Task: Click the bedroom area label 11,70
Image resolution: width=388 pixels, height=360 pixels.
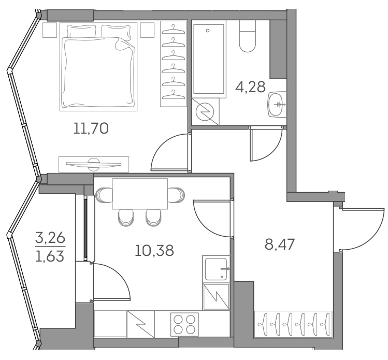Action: click(x=91, y=128)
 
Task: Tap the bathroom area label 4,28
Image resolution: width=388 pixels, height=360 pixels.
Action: click(x=250, y=87)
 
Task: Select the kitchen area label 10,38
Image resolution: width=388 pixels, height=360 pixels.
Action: click(x=154, y=251)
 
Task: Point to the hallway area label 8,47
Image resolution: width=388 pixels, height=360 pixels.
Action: click(x=279, y=244)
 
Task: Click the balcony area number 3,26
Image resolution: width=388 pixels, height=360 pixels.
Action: click(x=50, y=239)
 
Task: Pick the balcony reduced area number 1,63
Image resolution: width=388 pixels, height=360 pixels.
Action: click(x=50, y=256)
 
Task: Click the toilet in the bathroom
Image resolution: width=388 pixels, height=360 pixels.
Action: click(x=247, y=37)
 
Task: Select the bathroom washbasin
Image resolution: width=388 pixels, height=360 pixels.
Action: click(x=276, y=105)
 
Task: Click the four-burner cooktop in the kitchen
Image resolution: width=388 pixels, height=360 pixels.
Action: click(x=185, y=324)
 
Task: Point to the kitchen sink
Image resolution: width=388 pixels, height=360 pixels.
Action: click(x=216, y=268)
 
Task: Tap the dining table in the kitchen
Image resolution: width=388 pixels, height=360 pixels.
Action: click(x=139, y=193)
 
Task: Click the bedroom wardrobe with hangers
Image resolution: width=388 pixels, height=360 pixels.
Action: click(x=173, y=64)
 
